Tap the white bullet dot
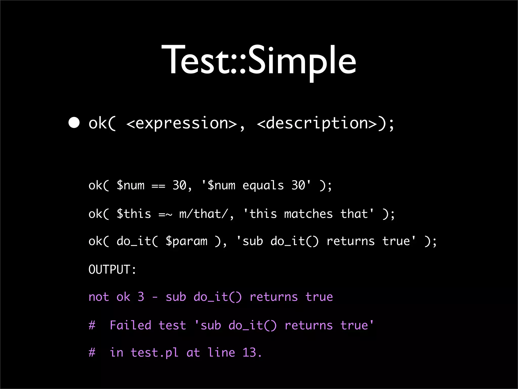pyautogui.click(x=74, y=123)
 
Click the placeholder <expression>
pyautogui.click(x=181, y=123)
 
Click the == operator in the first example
pyautogui.click(x=158, y=186)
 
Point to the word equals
pyautogui.click(x=263, y=186)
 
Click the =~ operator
pyautogui.click(x=165, y=214)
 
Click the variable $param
pyautogui.click(x=186, y=241)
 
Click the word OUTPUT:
pyautogui.click(x=112, y=269)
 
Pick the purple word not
pyautogui.click(x=99, y=297)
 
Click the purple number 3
pyautogui.click(x=141, y=297)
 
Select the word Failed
pyautogui.click(x=130, y=325)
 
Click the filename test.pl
pyautogui.click(x=154, y=353)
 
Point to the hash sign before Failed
pyautogui.click(x=92, y=325)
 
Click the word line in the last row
pyautogui.click(x=221, y=353)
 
